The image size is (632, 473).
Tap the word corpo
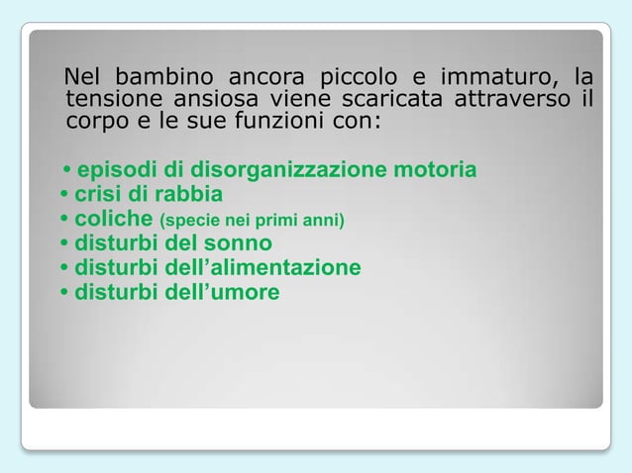[x=93, y=124]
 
